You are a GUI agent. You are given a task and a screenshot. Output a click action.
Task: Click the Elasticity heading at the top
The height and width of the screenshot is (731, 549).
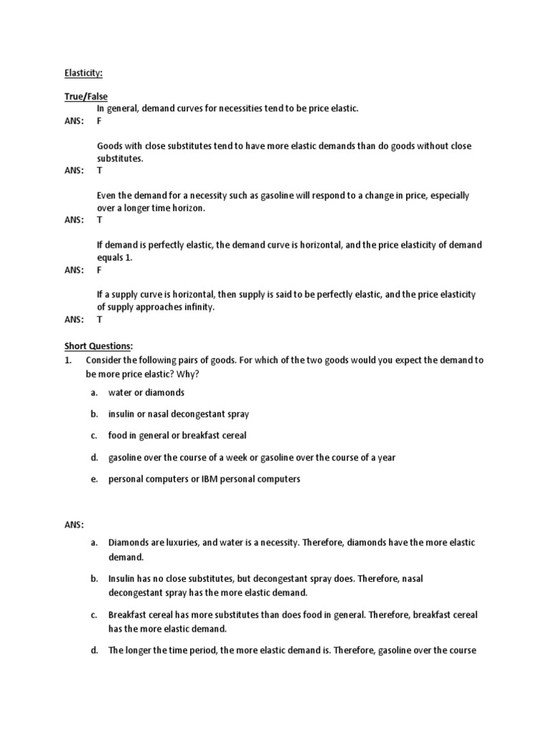pos(83,72)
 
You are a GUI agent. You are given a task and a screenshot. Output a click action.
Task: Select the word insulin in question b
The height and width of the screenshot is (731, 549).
pos(122,414)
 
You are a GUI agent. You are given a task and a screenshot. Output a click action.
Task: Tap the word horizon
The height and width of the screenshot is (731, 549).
pos(188,208)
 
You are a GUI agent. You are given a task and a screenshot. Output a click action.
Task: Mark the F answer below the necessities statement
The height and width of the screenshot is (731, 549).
pos(100,121)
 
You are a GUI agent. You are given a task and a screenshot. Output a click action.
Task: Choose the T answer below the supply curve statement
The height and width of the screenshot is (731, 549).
pos(100,320)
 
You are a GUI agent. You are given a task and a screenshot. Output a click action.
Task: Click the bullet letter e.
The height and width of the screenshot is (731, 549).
pos(94,479)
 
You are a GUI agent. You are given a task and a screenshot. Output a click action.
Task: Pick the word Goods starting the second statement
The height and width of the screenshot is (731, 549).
pos(110,146)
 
